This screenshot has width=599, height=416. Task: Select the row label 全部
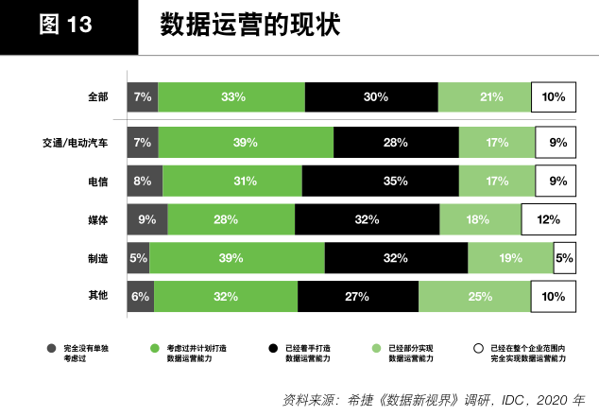97,96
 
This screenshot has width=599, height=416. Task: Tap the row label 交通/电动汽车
75,142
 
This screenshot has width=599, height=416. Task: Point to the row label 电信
97,181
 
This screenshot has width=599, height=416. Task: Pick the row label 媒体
97,219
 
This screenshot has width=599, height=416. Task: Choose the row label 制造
97,258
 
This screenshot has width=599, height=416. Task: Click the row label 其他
97,296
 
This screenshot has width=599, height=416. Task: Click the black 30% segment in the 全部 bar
371,96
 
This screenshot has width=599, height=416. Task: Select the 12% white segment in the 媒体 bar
548,219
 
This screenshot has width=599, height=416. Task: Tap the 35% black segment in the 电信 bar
380,181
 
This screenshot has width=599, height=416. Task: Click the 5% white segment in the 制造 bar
564,258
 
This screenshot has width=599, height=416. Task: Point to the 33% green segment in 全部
231,96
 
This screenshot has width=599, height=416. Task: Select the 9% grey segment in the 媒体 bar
147,219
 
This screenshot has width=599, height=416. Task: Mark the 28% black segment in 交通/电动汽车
396,142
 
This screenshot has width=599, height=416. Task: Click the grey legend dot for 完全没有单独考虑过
53,348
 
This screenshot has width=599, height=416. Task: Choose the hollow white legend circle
479,348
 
